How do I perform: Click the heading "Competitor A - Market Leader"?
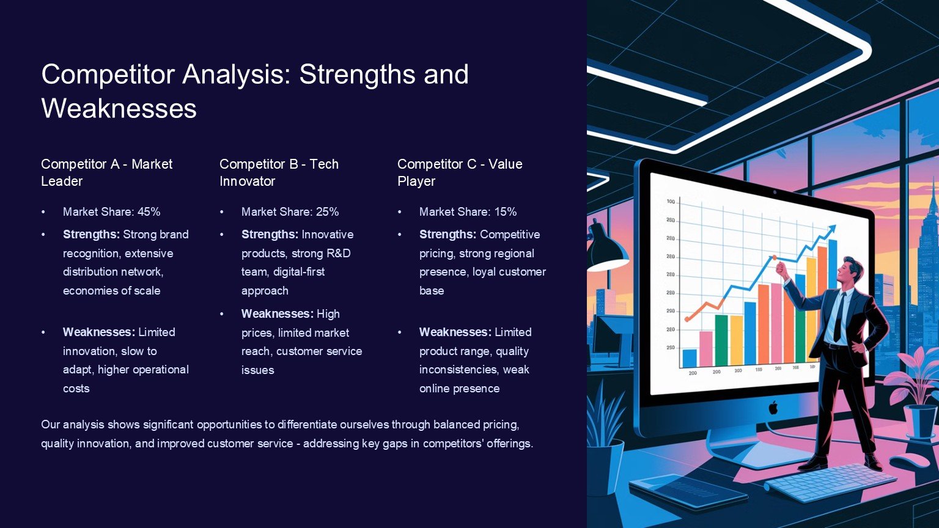click(x=106, y=172)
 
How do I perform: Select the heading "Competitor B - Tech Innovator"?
click(x=279, y=172)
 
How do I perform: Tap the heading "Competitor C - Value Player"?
click(x=460, y=172)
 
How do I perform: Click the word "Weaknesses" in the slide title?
click(x=119, y=109)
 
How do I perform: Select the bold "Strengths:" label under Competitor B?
click(x=270, y=234)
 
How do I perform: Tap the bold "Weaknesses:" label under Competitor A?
click(x=99, y=332)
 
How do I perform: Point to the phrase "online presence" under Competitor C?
click(x=460, y=389)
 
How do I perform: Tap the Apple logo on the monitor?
click(x=773, y=408)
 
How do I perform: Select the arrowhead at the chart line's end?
click(x=830, y=230)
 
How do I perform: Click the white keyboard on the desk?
click(x=830, y=483)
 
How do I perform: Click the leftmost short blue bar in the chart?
click(x=690, y=358)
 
